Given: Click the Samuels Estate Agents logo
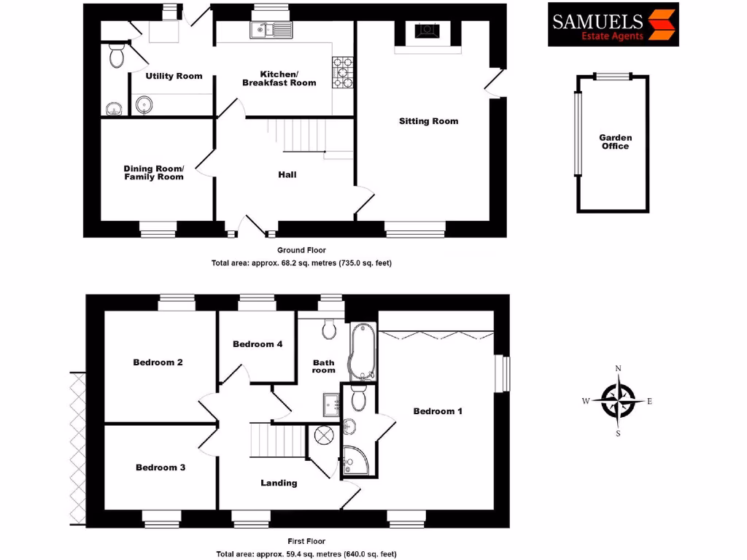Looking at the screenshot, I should (613, 24).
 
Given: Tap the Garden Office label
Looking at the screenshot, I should (615, 141).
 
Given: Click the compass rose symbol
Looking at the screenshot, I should (619, 401).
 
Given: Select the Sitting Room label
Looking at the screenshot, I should (428, 121).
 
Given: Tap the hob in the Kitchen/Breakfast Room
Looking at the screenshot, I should (342, 73).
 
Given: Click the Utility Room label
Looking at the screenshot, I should (174, 76).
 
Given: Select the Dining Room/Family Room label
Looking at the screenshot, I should (153, 172).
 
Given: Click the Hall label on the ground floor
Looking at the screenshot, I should (287, 175).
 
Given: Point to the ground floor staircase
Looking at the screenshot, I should (301, 135).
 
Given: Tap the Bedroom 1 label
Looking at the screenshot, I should (438, 411).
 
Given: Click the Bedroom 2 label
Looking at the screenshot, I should (158, 362).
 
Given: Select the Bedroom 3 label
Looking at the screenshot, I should (160, 467).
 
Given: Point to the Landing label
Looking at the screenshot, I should (279, 483).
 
